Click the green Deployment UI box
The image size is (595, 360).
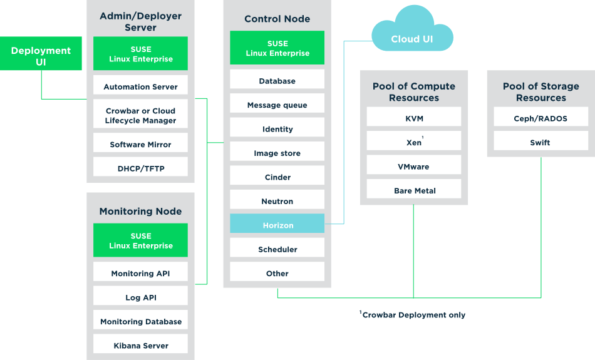pyautogui.click(x=41, y=56)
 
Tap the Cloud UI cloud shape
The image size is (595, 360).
pyautogui.click(x=412, y=39)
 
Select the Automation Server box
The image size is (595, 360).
pyautogui.click(x=140, y=86)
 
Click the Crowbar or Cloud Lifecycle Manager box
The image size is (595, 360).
pyautogui.click(x=140, y=116)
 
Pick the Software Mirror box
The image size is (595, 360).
pyautogui.click(x=140, y=145)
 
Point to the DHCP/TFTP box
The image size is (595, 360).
pyautogui.click(x=140, y=168)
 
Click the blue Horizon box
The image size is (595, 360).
pyautogui.click(x=277, y=225)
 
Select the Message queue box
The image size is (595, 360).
pyautogui.click(x=277, y=105)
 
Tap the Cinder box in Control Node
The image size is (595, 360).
pyautogui.click(x=277, y=177)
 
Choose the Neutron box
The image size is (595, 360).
pyautogui.click(x=277, y=201)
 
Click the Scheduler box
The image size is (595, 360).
pyautogui.click(x=277, y=249)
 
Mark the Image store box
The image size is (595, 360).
pyautogui.click(x=277, y=153)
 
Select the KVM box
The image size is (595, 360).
pyautogui.click(x=414, y=118)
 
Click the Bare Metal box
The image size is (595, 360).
pyautogui.click(x=414, y=190)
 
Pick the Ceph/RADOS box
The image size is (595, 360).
pyautogui.click(x=541, y=118)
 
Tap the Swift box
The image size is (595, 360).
pyautogui.click(x=541, y=142)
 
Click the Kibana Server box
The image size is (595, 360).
pyautogui.click(x=141, y=345)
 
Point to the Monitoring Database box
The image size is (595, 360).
pyautogui.click(x=141, y=321)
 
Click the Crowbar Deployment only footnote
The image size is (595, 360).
pyautogui.click(x=413, y=315)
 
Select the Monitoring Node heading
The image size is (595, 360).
pyautogui.click(x=140, y=212)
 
